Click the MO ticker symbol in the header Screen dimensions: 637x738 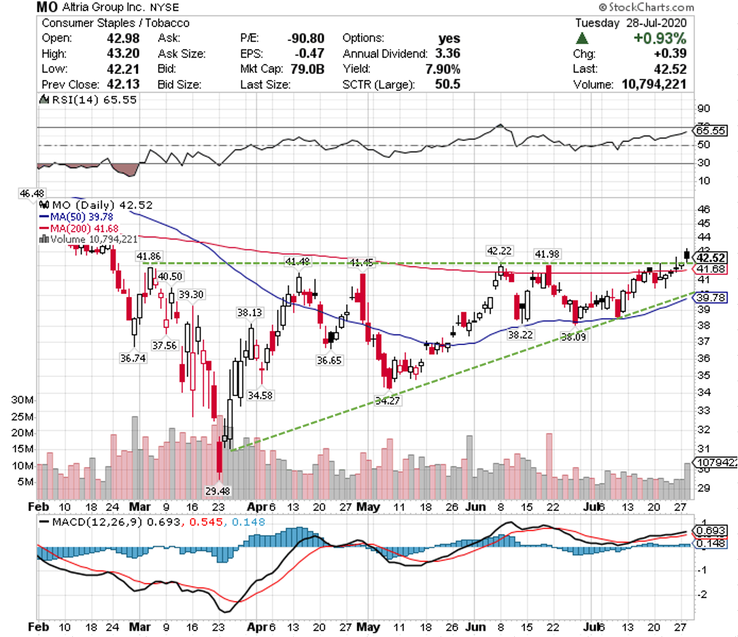(47, 8)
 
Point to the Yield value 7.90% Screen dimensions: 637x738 (443, 69)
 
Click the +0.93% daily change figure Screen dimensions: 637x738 (660, 38)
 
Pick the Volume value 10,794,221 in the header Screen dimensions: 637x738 (656, 85)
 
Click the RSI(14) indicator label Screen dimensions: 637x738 (74, 100)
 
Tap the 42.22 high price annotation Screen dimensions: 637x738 (499, 251)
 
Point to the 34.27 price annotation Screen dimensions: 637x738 (387, 401)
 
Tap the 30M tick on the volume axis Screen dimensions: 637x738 (19, 400)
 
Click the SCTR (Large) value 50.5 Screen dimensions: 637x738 (448, 85)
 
